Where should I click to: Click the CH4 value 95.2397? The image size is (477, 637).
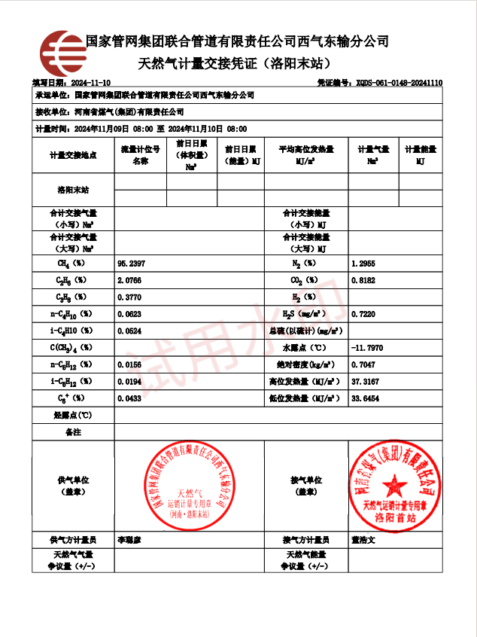tap(132, 264)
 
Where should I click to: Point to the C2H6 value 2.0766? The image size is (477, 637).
tap(131, 281)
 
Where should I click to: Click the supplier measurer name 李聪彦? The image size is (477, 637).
tap(129, 540)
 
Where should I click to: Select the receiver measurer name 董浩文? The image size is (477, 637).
tap(363, 540)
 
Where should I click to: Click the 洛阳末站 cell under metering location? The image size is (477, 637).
tap(73, 190)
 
